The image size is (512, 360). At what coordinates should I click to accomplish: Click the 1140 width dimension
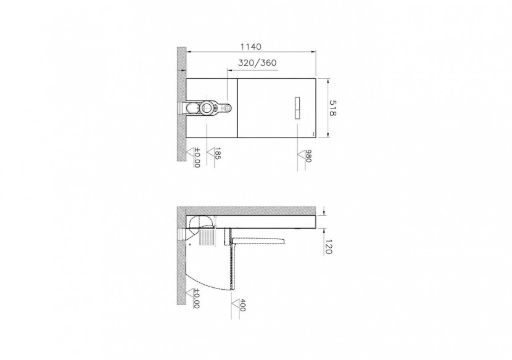[x=250, y=47]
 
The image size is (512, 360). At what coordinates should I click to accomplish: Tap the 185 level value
[x=217, y=154]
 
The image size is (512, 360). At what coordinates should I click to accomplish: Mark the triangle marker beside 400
[x=235, y=301]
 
